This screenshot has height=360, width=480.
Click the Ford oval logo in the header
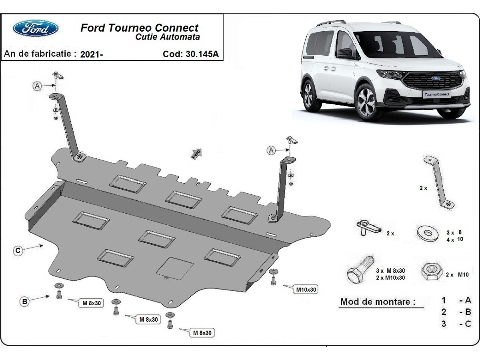coord(36,28)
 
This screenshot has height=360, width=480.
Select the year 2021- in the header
coord(92,55)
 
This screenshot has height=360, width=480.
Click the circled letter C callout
coord(18,251)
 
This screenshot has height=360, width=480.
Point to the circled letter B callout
coord(25,302)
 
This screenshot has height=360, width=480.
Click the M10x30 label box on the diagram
coord(306,289)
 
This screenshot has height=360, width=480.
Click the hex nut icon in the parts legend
coord(430,273)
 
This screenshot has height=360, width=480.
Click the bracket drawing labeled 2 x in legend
coord(439,182)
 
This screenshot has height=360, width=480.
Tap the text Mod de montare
coord(378,302)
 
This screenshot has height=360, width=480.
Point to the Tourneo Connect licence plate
coord(437,94)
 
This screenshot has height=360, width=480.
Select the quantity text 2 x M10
coord(457,275)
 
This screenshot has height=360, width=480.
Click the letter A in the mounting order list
coord(468,300)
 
